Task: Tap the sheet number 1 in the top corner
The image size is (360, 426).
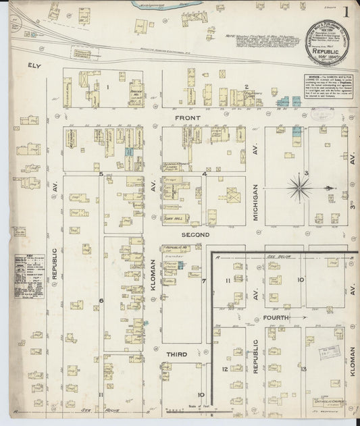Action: (x=345, y=11)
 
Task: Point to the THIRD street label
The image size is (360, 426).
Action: (x=176, y=353)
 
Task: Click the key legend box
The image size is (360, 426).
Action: (x=30, y=275)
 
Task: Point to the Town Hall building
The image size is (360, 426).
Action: (x=175, y=218)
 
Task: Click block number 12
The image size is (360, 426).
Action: (x=225, y=369)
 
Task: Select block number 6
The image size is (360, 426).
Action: (x=101, y=300)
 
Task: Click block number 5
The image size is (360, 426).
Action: (x=101, y=174)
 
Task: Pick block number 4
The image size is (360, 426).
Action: (x=203, y=174)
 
